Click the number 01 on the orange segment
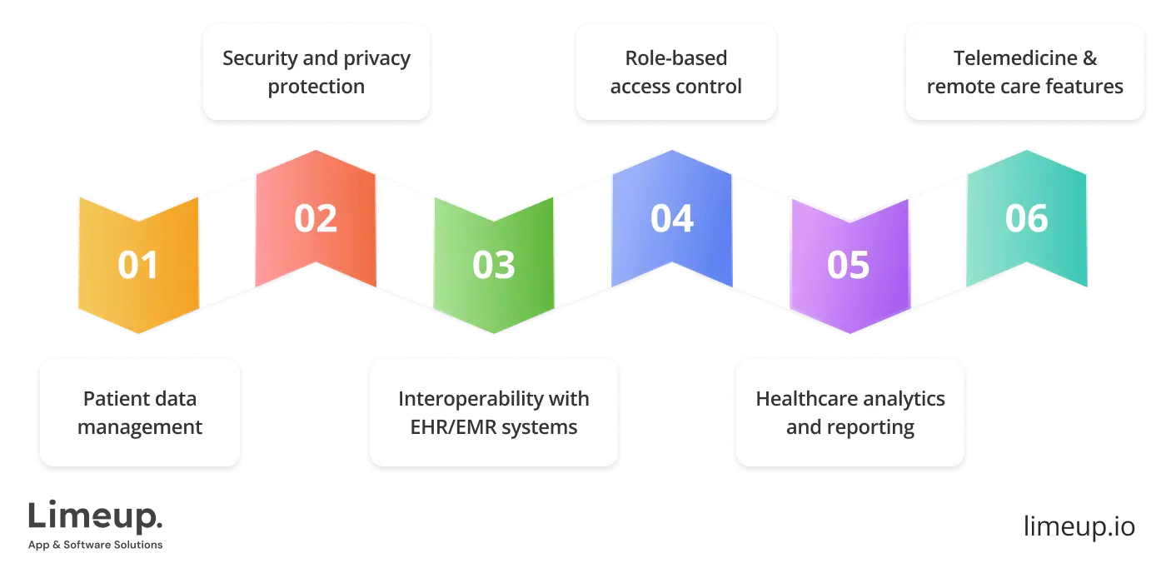pyautogui.click(x=138, y=265)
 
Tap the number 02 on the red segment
pyautogui.click(x=316, y=218)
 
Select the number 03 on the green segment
pyautogui.click(x=494, y=265)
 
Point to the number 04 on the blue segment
pyautogui.click(x=671, y=218)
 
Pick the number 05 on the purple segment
pyautogui.click(x=849, y=265)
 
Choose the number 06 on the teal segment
pyautogui.click(x=1026, y=218)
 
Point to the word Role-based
pyautogui.click(x=675, y=58)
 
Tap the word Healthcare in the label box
pyautogui.click(x=805, y=399)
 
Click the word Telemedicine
pyautogui.click(x=1014, y=58)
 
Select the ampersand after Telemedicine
pyautogui.click(x=1089, y=58)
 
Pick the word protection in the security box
pyautogui.click(x=316, y=87)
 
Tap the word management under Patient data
pyautogui.click(x=140, y=427)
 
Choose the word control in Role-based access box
pyautogui.click(x=712, y=87)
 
